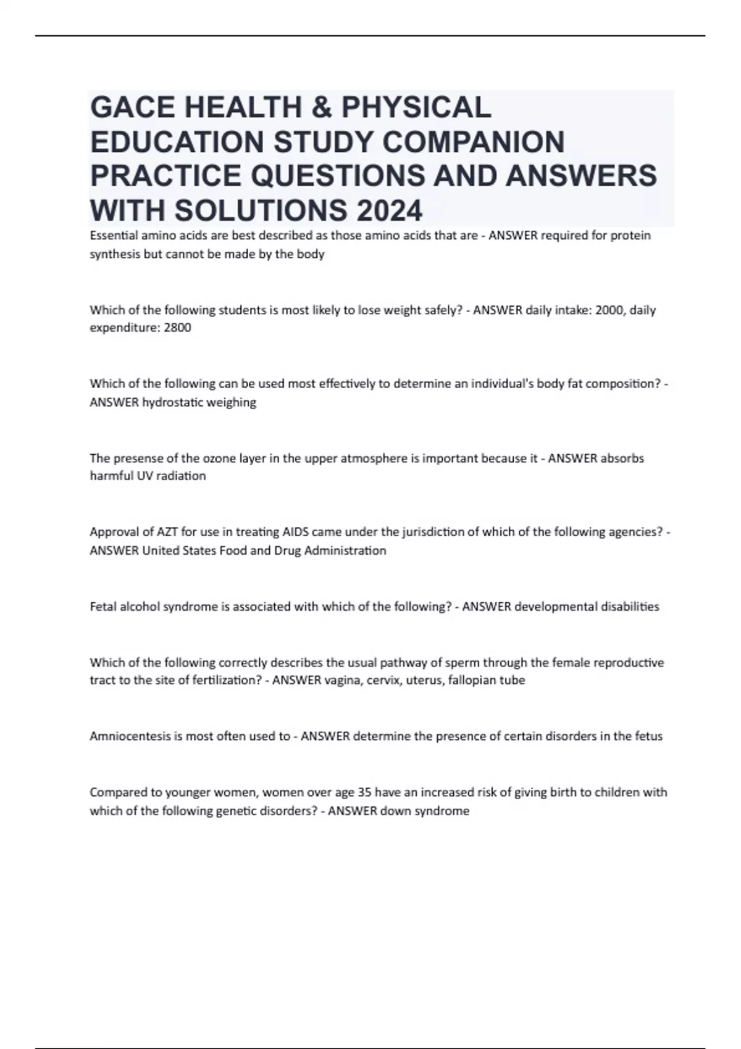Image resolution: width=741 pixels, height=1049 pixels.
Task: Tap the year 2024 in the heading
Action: (388, 210)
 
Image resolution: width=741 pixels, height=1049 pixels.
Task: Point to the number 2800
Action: (178, 328)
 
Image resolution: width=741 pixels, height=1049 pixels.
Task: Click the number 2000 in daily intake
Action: (608, 310)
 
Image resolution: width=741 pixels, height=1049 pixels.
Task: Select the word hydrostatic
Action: (172, 402)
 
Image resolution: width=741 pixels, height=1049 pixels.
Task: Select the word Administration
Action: (351, 550)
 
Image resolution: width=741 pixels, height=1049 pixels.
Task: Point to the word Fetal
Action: (103, 607)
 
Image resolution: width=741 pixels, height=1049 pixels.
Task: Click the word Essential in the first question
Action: (112, 236)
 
